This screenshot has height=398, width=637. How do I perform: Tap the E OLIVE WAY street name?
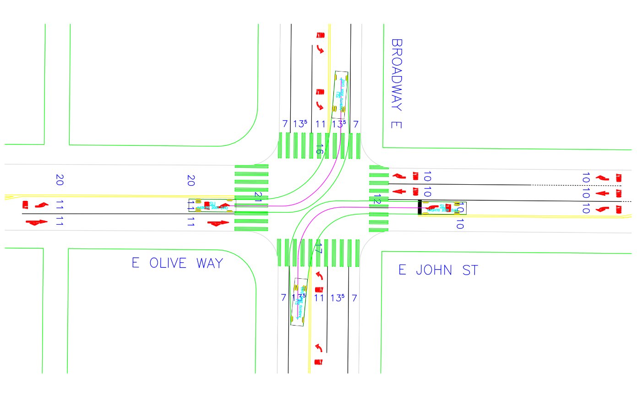pyautogui.click(x=177, y=263)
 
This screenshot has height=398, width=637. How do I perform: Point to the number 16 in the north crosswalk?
pyautogui.click(x=320, y=149)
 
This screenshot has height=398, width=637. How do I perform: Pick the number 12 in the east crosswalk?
pyautogui.click(x=377, y=200)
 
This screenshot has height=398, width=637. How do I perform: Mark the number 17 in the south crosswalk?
pyautogui.click(x=319, y=249)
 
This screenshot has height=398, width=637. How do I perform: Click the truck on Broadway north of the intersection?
pyautogui.click(x=340, y=91)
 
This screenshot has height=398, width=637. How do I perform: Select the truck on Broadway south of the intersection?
pyautogui.click(x=299, y=302)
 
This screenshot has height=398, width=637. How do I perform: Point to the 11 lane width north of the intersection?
pyautogui.click(x=320, y=124)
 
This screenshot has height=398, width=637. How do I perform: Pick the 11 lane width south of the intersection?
pyautogui.click(x=319, y=298)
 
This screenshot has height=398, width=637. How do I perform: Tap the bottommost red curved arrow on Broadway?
pyautogui.click(x=319, y=348)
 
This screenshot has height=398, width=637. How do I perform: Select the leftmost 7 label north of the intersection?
pyautogui.click(x=284, y=124)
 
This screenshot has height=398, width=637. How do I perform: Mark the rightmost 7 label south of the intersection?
pyautogui.click(x=354, y=298)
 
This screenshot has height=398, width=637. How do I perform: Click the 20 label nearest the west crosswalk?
pyautogui.click(x=191, y=181)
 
